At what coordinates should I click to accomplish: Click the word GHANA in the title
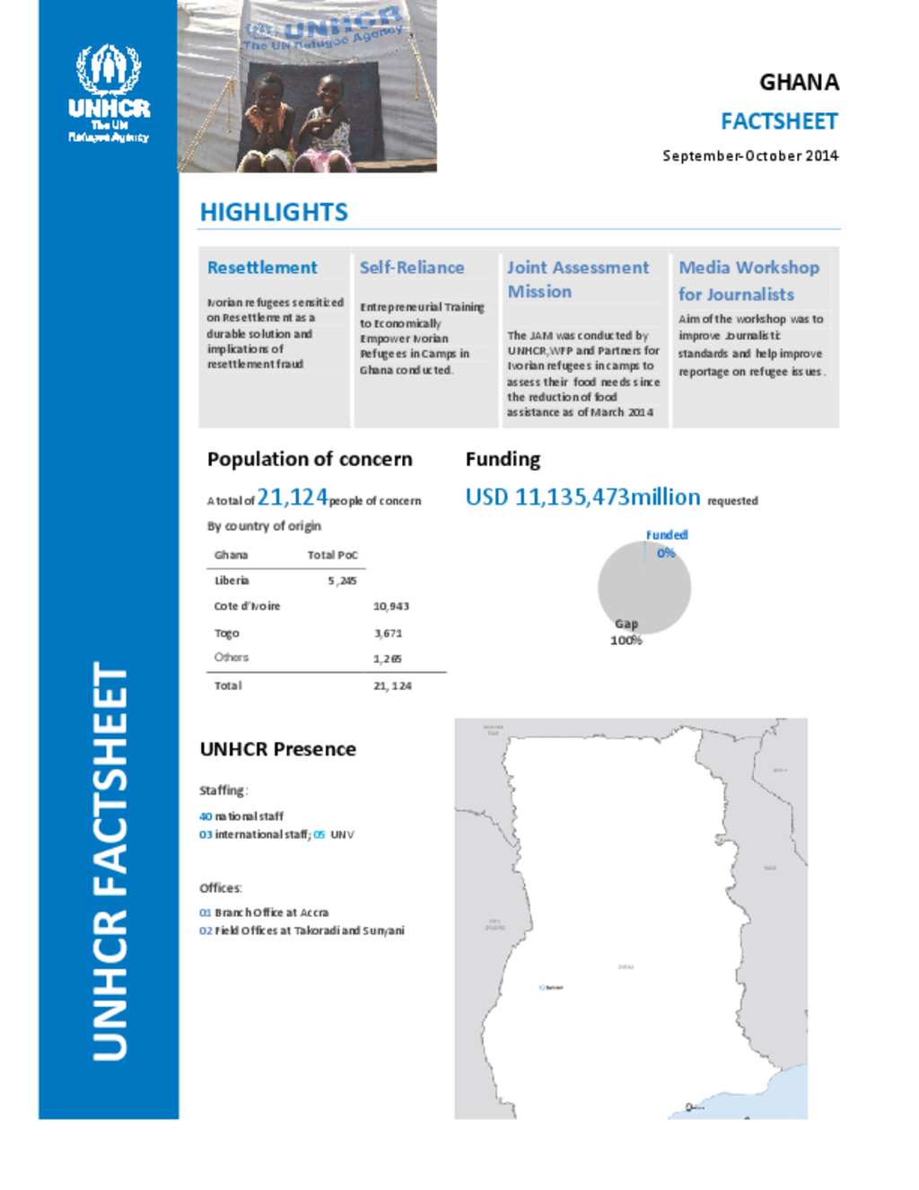(799, 83)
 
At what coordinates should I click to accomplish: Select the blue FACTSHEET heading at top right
(778, 121)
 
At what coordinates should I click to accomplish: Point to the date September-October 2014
(749, 155)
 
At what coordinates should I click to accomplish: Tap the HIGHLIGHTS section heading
(274, 212)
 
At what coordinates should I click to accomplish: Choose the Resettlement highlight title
(262, 268)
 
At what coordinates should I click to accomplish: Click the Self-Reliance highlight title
(412, 268)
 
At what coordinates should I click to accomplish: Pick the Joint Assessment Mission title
(577, 279)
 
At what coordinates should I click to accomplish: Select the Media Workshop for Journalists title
(748, 280)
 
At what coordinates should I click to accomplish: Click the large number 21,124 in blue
(293, 497)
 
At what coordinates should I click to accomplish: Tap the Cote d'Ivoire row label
(247, 606)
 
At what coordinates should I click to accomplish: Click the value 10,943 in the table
(391, 606)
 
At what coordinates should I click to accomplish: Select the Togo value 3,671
(389, 633)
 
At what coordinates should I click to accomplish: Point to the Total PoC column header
(332, 555)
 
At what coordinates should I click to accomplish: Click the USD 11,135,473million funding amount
(582, 497)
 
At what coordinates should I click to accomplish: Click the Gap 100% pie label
(626, 631)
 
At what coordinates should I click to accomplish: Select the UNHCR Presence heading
(277, 749)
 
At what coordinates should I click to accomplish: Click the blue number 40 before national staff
(206, 816)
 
